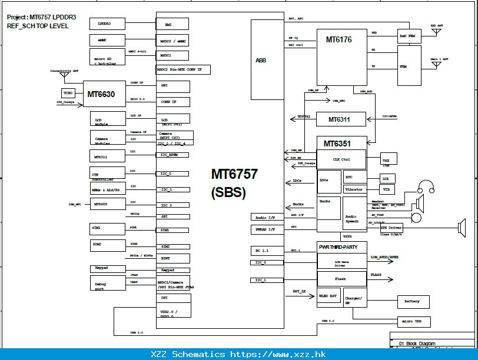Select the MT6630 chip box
pos(104,94)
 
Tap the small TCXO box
pos(68,93)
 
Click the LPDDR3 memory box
pos(107,24)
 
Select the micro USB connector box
pos(414,321)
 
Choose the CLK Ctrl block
pos(341,159)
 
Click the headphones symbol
pos(426,192)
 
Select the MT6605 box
pos(107,204)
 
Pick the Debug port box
pos(107,285)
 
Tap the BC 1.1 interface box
pos(267,250)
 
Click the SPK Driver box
pos(391,227)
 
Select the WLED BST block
pos(329,296)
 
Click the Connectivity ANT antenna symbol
pos(65,75)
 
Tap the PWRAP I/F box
pos(267,229)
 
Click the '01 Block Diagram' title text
pos(418,342)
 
